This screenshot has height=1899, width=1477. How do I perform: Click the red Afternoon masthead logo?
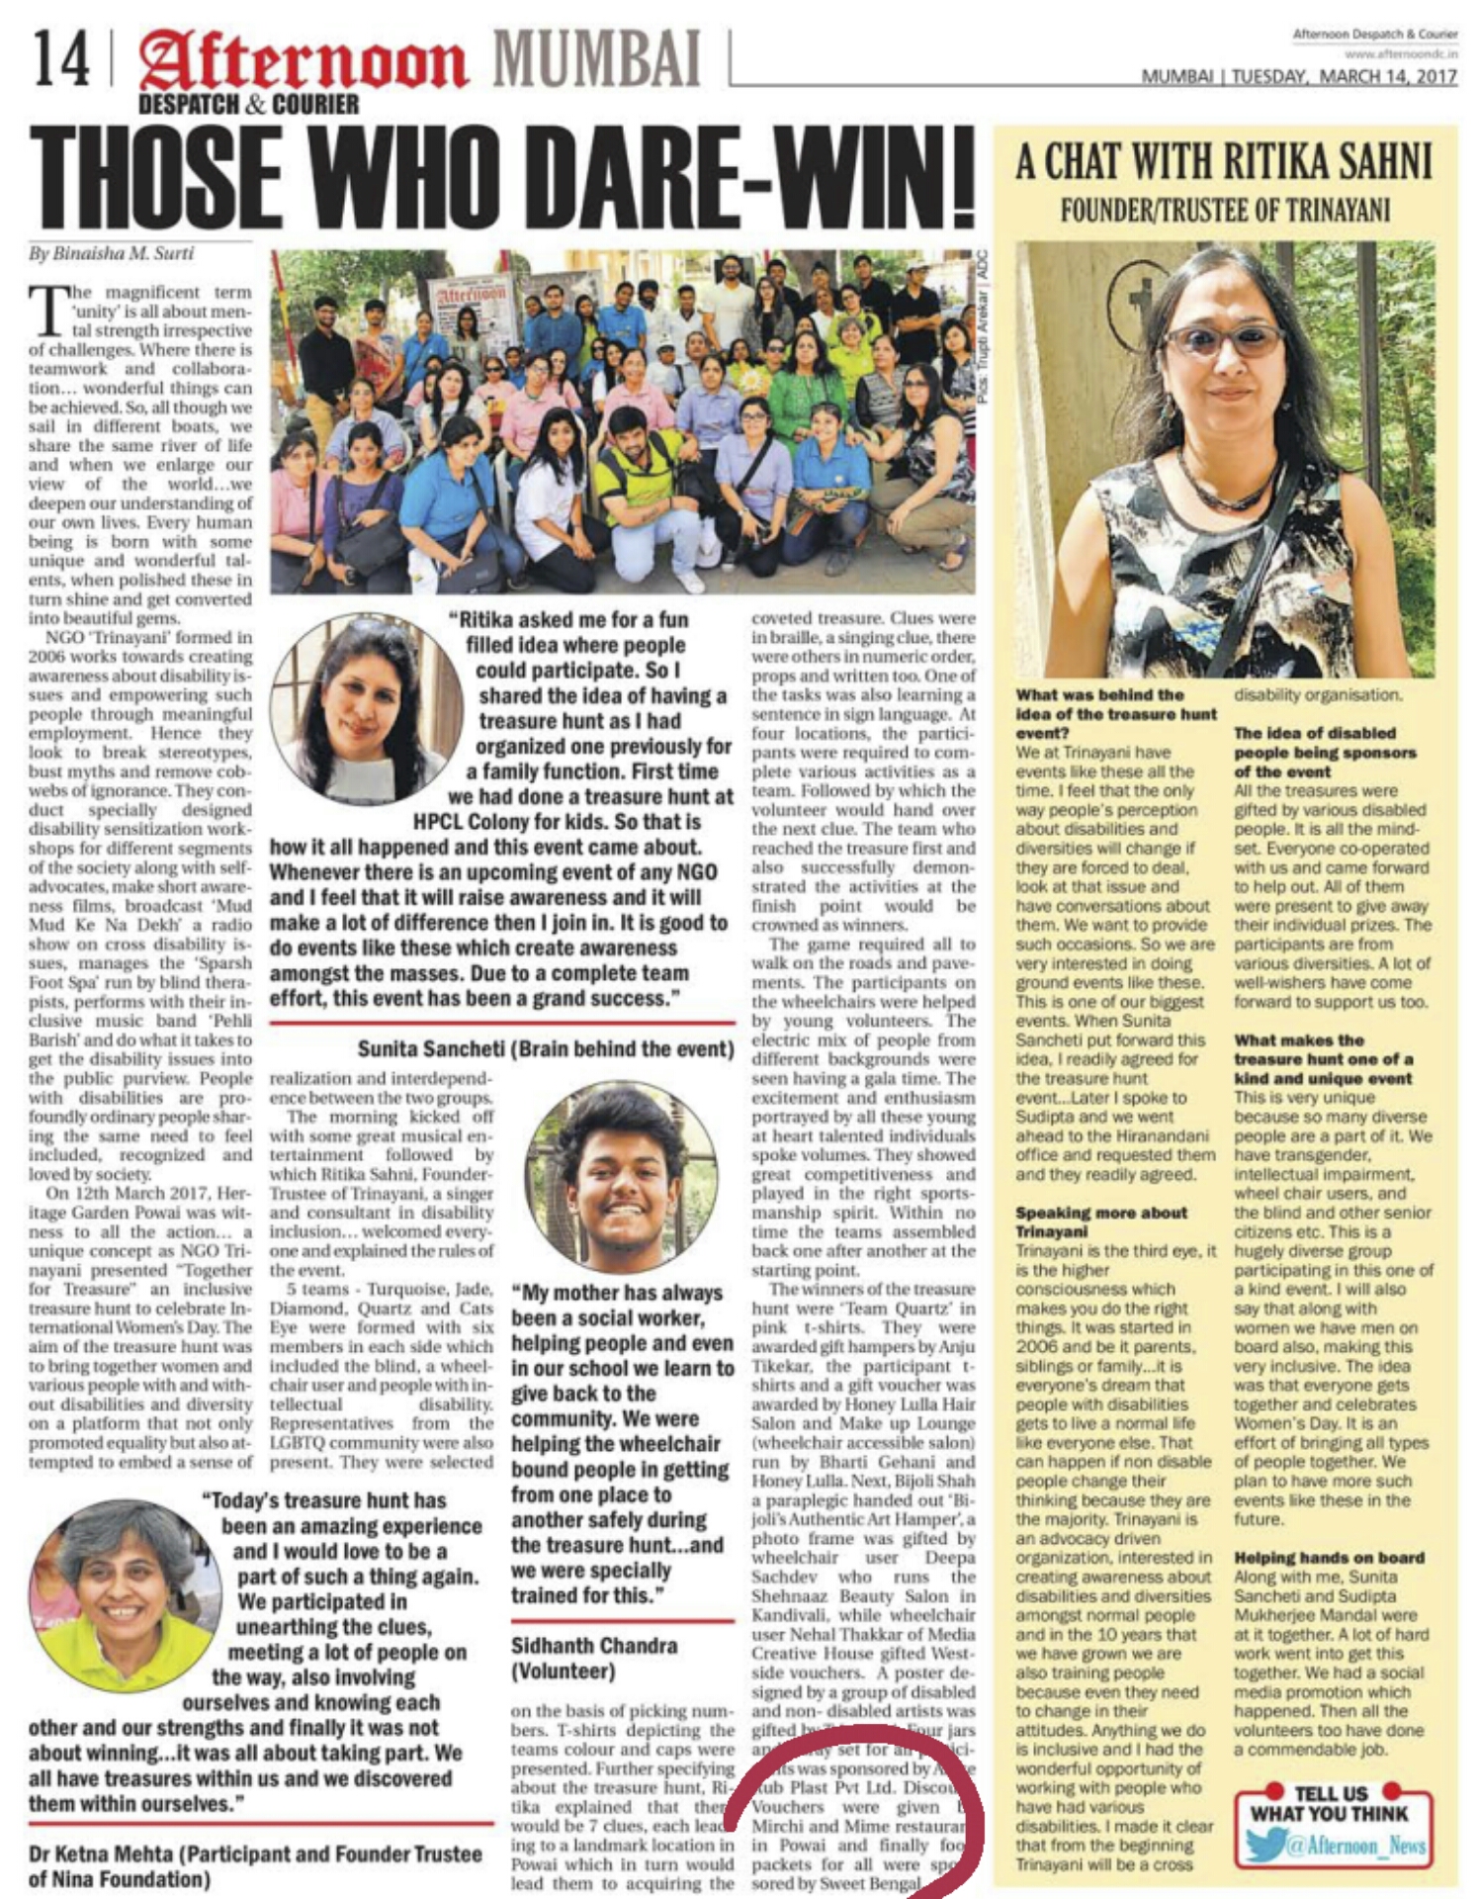point(303,61)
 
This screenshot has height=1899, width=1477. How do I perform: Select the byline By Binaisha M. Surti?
point(111,253)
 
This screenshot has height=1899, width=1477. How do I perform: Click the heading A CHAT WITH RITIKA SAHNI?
point(1224,161)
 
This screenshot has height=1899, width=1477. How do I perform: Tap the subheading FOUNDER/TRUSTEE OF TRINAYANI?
point(1225,210)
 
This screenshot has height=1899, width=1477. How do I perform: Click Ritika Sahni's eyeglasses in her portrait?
point(1223,341)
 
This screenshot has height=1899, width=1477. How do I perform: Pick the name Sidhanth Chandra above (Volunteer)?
point(594,1646)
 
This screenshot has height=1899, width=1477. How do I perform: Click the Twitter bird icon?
point(1264,1846)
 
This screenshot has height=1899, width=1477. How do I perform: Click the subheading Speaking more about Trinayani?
point(1101,1221)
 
